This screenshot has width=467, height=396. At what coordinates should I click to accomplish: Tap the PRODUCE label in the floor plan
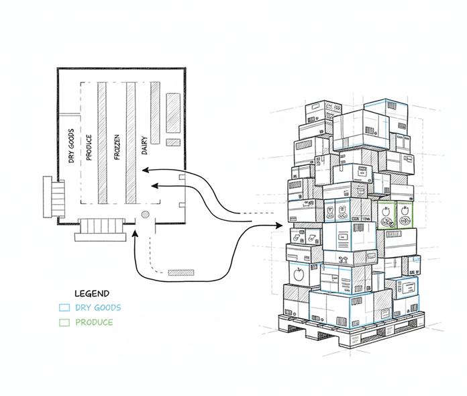(x=89, y=144)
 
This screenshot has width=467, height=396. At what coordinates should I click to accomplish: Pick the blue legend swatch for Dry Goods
(x=64, y=308)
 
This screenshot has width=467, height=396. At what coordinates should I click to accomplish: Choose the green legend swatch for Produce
(x=64, y=323)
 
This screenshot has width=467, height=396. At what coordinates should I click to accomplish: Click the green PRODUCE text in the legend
(x=94, y=323)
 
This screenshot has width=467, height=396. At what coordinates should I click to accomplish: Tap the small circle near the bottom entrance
(x=144, y=215)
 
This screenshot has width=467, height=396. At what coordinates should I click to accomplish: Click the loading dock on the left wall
(x=52, y=196)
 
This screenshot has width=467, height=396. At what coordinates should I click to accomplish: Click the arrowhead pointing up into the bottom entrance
(x=137, y=234)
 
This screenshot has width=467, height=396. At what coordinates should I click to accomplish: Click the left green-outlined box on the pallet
(x=386, y=215)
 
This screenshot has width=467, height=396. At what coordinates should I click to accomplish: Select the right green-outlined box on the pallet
(x=404, y=215)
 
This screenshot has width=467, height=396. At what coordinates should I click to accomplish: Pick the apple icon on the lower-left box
(x=297, y=273)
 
